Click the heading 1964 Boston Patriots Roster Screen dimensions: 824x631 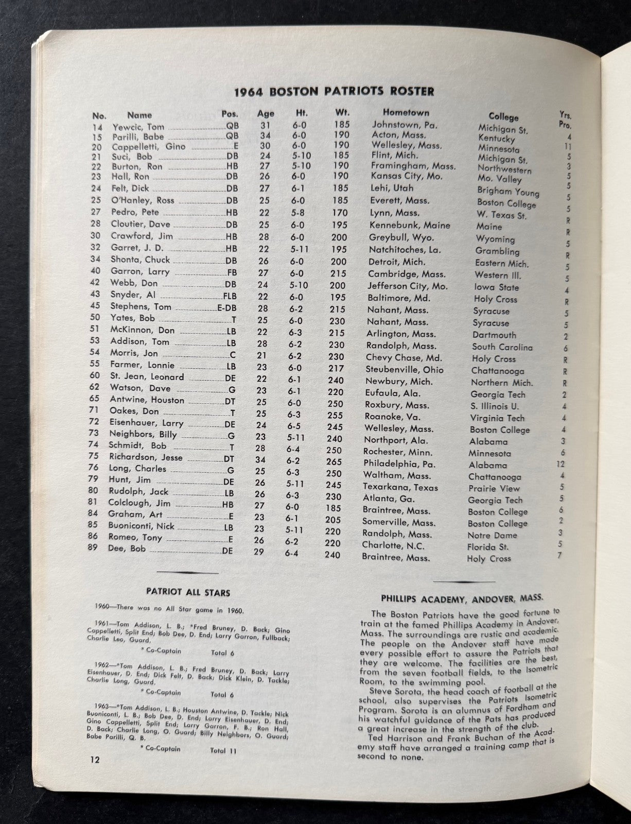(x=334, y=92)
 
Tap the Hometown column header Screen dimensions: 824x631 (x=406, y=112)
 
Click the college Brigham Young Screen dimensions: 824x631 (x=507, y=191)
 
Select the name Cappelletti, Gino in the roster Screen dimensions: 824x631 (x=148, y=146)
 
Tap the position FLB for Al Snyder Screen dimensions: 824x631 (x=230, y=296)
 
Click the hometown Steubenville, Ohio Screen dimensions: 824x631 (x=404, y=369)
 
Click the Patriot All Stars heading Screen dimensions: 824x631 (x=188, y=592)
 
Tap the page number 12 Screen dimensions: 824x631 (x=94, y=759)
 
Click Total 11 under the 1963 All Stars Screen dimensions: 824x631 (x=223, y=750)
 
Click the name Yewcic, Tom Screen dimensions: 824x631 (x=138, y=127)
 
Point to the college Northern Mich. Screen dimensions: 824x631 (x=502, y=383)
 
